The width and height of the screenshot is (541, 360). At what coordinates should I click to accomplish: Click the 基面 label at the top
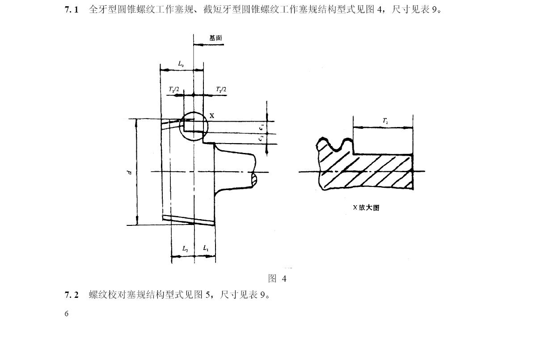(216, 38)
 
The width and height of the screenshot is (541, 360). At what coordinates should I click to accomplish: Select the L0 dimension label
(181, 64)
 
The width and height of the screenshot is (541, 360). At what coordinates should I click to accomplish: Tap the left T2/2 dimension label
(174, 89)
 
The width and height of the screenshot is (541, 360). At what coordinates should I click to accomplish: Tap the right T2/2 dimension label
(221, 89)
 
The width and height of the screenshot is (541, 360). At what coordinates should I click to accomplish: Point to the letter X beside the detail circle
(212, 115)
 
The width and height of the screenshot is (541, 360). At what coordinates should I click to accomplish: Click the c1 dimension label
(261, 128)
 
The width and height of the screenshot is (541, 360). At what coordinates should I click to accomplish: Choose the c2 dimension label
(261, 139)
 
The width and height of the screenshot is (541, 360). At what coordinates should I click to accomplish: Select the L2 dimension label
(185, 248)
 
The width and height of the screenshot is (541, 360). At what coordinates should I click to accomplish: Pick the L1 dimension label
(206, 248)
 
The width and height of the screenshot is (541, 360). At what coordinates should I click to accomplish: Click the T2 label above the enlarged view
(385, 121)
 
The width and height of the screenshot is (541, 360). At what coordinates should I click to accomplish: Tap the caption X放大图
(366, 208)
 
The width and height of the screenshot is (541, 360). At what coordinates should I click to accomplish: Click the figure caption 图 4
(277, 279)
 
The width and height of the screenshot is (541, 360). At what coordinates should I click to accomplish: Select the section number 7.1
(72, 9)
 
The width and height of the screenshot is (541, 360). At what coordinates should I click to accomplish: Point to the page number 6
(67, 313)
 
